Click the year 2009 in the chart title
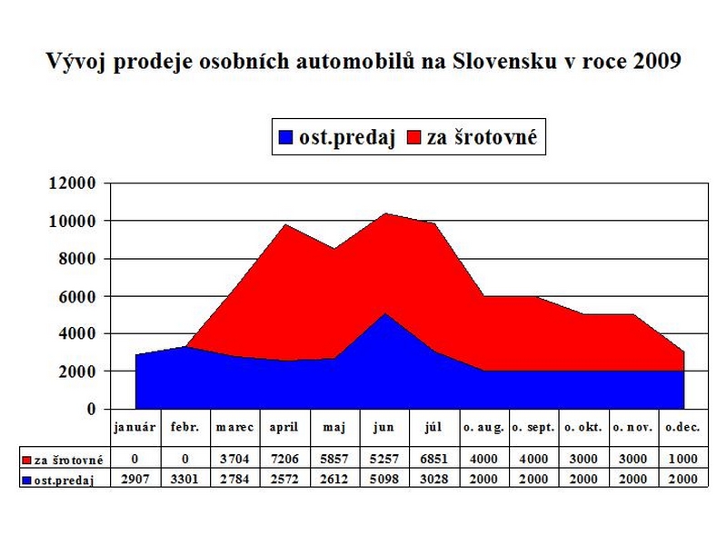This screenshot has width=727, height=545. [654, 62]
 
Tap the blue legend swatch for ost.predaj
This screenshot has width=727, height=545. [285, 138]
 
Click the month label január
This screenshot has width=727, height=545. [135, 426]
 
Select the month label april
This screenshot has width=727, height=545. [284, 426]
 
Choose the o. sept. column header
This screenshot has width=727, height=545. [533, 426]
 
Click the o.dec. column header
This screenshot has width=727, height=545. [682, 426]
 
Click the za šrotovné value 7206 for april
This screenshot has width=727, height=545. [284, 461]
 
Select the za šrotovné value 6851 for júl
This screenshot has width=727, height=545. [433, 461]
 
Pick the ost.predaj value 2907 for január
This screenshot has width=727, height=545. [135, 479]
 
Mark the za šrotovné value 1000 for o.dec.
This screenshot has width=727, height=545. [682, 461]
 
